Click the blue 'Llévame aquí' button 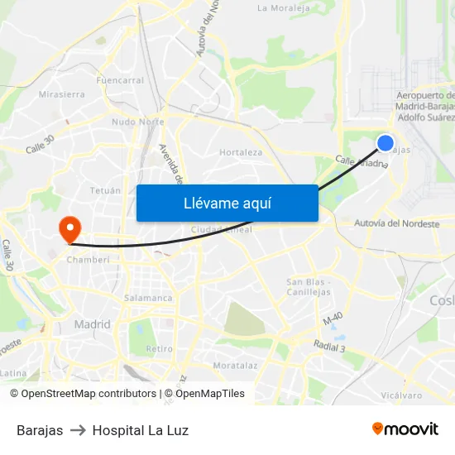coord(227,203)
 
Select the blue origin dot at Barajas coord(386,143)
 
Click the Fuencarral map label coord(120,80)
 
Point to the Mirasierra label coord(61,94)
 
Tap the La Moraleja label coord(285,8)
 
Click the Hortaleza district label coord(241,152)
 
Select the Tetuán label coord(104,190)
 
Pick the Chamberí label coord(82,259)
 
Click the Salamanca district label coord(148,298)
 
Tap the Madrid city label coord(92,324)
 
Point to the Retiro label coord(159,348)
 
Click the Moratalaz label coord(235,365)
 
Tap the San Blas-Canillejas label coord(309,287)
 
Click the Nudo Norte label coord(137,122)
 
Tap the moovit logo coord(405,429)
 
